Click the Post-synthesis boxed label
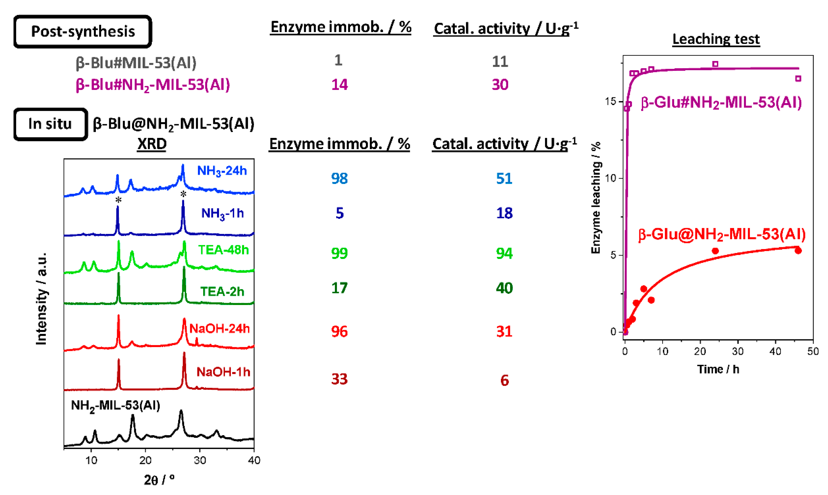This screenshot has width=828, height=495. [x=83, y=32]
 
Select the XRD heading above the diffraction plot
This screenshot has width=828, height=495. [x=152, y=144]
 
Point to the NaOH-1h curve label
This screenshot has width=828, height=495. [x=223, y=372]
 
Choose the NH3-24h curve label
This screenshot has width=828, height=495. [x=222, y=171]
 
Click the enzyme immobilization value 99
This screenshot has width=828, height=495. [x=339, y=253]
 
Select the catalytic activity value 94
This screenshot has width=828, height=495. [x=504, y=253]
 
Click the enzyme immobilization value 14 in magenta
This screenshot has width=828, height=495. [x=339, y=85]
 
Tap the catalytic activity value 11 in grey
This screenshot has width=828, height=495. [x=500, y=62]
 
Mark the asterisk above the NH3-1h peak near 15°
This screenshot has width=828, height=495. [x=118, y=200]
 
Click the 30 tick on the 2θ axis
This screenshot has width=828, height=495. [x=200, y=460]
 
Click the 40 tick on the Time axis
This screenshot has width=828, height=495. [x=775, y=352]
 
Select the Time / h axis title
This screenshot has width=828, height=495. [x=718, y=369]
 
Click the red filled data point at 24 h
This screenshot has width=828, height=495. [x=715, y=251]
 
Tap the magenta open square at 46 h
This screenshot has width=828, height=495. [x=798, y=79]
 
